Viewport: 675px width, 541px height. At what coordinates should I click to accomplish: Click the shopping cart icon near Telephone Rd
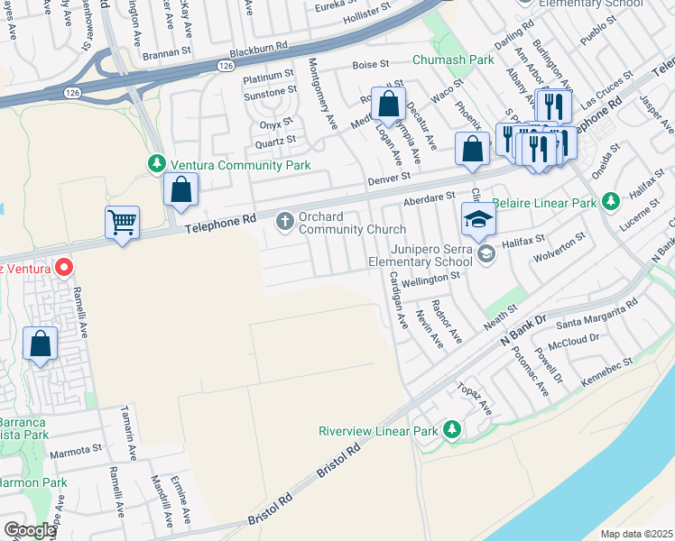coord(122,221)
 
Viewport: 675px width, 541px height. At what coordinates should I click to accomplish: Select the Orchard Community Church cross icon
coord(284,219)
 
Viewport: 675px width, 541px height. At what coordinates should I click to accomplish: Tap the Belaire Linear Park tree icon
coord(610,200)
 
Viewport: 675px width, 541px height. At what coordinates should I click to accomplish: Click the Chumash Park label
coord(453,60)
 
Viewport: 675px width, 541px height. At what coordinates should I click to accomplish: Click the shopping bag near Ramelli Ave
coord(41,344)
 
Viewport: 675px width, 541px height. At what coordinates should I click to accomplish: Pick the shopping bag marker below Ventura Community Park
coord(180,189)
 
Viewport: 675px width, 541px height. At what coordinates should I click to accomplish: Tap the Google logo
coord(29,530)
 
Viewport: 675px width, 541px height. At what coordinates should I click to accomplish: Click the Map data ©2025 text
coord(635,534)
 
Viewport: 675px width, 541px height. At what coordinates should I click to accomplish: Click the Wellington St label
coord(432,275)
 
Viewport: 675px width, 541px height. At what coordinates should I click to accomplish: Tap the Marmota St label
coord(76,450)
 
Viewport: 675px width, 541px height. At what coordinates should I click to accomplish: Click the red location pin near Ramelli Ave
coord(63,267)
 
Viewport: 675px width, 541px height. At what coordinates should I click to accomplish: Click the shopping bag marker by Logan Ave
coord(387,105)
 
